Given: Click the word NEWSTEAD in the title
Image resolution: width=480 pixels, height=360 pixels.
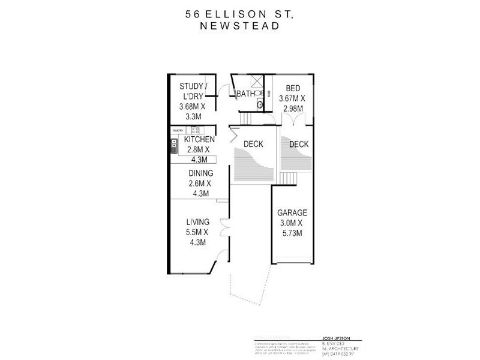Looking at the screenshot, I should [240, 26].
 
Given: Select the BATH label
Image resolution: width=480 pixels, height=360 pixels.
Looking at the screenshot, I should [245, 94].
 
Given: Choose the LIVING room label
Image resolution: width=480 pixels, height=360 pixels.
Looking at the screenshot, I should [197, 222].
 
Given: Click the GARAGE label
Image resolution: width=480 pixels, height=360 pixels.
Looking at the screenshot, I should [292, 212].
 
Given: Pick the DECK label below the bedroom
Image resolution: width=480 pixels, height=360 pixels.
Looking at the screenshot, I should [299, 144].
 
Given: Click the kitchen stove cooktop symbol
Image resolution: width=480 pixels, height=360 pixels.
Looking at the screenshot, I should [195, 130].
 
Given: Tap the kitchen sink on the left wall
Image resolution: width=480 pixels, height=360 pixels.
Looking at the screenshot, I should [174, 144].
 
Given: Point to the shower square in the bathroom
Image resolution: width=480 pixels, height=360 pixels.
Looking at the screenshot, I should [257, 83].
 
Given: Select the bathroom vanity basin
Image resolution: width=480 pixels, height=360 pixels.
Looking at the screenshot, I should [260, 104].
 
